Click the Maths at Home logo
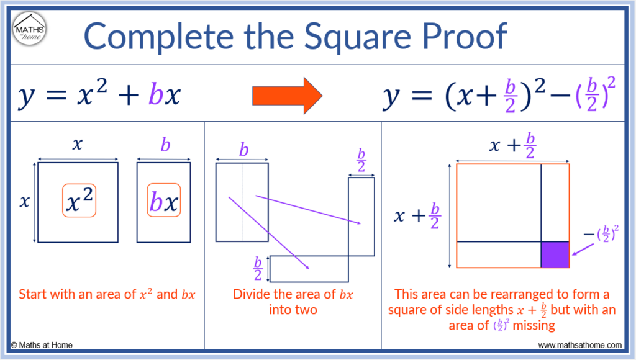(29, 29)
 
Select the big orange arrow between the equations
(287, 96)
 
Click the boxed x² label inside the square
(79, 200)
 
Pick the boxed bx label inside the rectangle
(163, 200)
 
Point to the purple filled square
(555, 254)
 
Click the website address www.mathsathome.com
(579, 345)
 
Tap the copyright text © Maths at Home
(42, 345)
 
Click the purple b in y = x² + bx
(156, 94)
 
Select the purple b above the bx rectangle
(165, 144)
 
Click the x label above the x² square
(78, 144)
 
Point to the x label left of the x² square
(24, 201)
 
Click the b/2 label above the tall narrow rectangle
(361, 160)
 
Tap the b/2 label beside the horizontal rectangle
(258, 268)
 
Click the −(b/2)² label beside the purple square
(601, 234)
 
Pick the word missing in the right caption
(534, 325)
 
